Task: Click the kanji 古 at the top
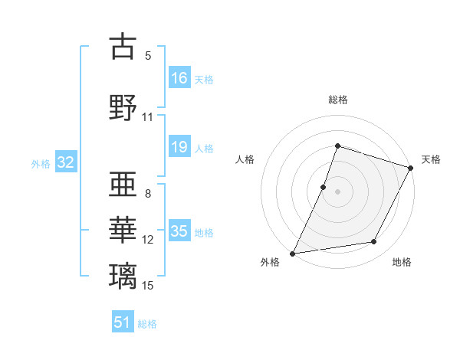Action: [x=123, y=47]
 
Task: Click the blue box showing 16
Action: [x=179, y=78]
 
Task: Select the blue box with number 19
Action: [x=179, y=148]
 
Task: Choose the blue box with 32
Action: [x=65, y=163]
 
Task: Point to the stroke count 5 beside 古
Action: [x=148, y=56]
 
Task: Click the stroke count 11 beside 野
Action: [x=148, y=117]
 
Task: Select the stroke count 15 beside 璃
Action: [x=148, y=286]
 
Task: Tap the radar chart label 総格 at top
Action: [x=337, y=100]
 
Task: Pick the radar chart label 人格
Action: [x=245, y=159]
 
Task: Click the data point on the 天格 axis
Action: [x=411, y=168]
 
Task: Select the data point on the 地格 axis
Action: [x=374, y=242]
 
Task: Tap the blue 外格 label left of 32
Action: [x=41, y=164]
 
